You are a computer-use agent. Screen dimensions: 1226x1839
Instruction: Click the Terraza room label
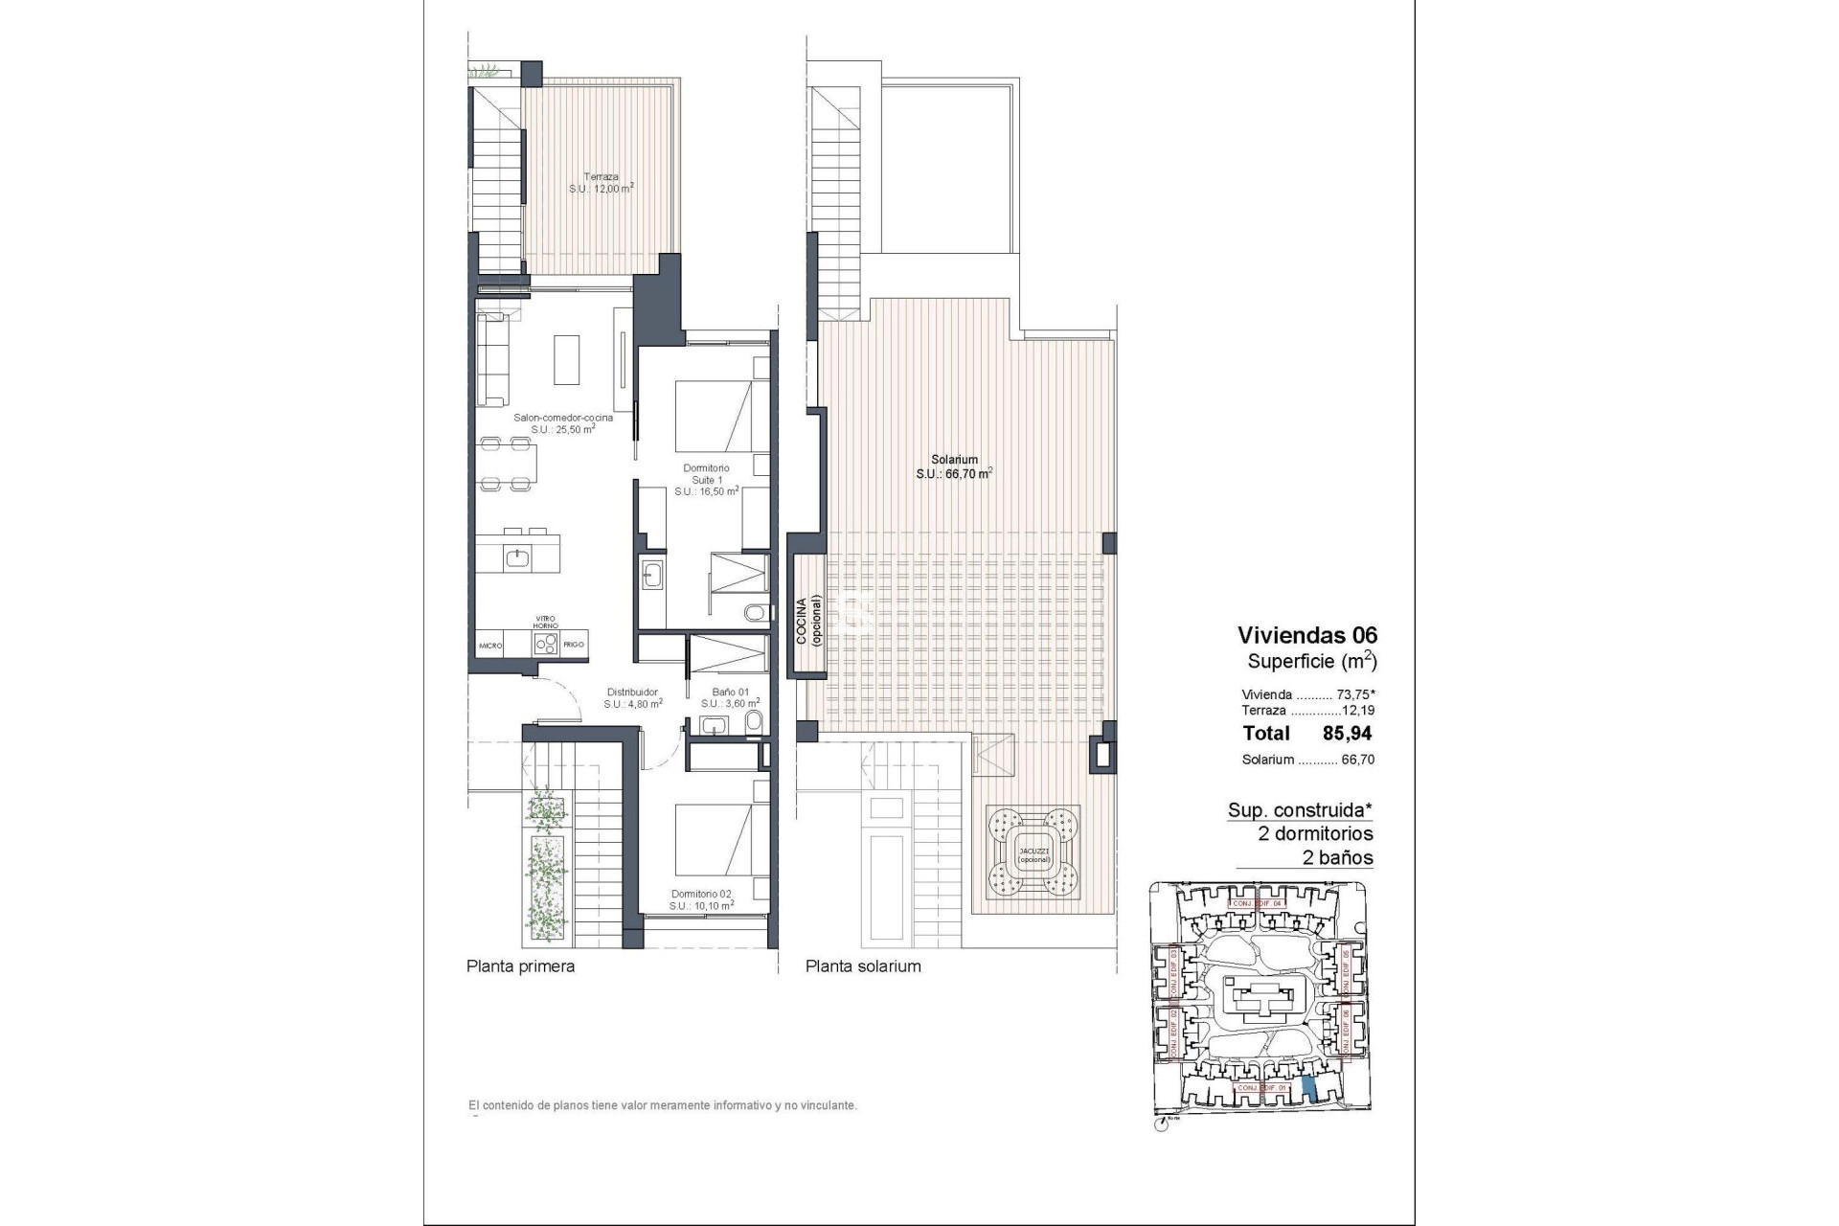coord(602,183)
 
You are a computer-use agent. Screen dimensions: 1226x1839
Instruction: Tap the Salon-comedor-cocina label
coord(563,423)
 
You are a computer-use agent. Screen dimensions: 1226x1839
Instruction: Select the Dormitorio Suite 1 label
coord(706,479)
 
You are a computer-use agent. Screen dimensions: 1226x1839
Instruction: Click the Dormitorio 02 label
coord(702,898)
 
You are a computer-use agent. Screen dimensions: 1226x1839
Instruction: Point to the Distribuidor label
coord(633,697)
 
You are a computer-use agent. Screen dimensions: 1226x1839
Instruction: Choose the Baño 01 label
coord(730,697)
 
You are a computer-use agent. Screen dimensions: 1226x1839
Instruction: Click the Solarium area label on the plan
coord(953,466)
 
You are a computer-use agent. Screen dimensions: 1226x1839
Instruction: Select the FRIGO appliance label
coord(574,646)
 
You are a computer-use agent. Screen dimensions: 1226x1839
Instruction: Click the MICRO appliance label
coord(491,646)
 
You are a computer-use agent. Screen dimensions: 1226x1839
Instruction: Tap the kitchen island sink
coord(519,556)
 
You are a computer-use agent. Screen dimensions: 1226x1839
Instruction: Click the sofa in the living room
coord(492,358)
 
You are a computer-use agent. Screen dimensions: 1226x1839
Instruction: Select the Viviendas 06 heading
coord(1306,634)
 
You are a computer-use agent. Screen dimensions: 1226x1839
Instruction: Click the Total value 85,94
coord(1347,734)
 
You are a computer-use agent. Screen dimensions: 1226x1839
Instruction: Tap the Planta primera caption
coord(520,966)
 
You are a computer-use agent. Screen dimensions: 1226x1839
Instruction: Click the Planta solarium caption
coord(862,966)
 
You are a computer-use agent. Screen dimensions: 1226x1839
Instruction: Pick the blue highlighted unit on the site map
coord(1309,1088)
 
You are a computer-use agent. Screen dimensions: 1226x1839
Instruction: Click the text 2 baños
coord(1337,858)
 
